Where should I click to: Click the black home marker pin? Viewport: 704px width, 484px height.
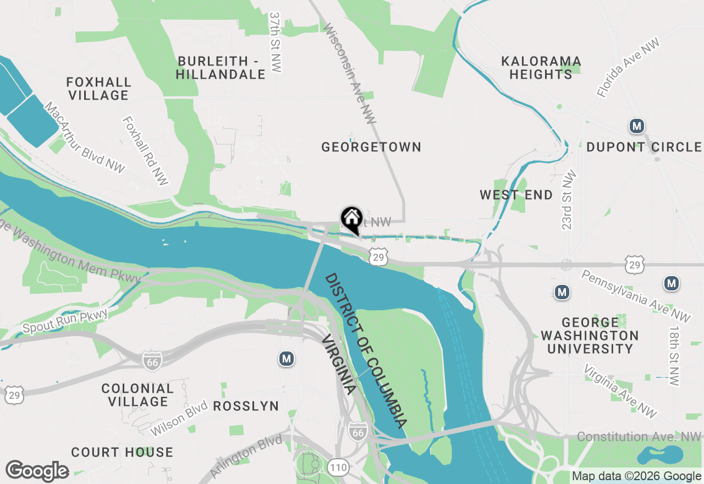(x=351, y=219)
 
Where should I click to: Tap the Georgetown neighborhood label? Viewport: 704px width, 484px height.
(x=371, y=147)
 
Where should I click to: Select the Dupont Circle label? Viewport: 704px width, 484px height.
(x=643, y=147)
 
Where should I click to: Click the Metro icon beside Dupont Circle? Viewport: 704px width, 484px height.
(x=637, y=127)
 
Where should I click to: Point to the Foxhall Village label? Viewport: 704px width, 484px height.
(x=99, y=89)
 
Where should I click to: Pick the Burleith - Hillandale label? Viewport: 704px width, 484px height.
(x=221, y=67)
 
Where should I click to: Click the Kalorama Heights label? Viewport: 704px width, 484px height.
(x=541, y=68)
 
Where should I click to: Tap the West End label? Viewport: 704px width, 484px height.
(x=516, y=195)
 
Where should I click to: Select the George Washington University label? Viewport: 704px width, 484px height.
(x=590, y=335)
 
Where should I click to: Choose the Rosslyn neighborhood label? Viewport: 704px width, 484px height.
(x=245, y=406)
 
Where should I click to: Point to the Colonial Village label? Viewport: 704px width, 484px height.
(x=137, y=395)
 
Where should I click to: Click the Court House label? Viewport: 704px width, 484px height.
(x=122, y=452)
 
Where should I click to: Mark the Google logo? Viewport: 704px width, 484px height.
(x=37, y=471)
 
